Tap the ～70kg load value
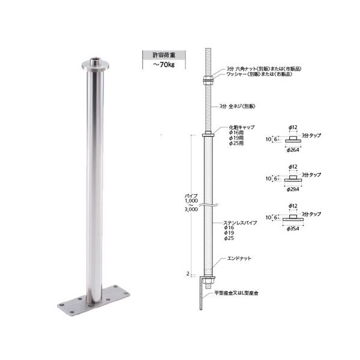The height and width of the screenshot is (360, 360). click(x=157, y=64)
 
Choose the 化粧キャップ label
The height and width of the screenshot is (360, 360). click(x=239, y=128)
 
